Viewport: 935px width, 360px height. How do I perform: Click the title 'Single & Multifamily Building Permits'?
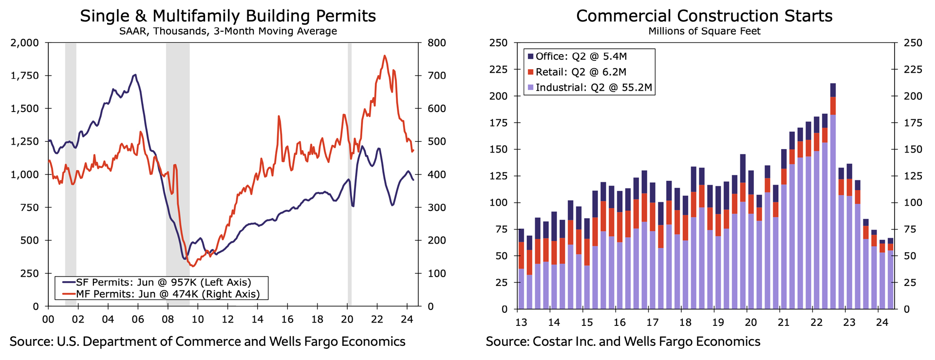click(x=228, y=16)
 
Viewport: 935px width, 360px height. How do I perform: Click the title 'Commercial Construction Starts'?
click(x=704, y=16)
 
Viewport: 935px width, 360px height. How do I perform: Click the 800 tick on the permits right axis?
click(x=436, y=43)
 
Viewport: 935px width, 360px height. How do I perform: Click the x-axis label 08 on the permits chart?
click(x=168, y=320)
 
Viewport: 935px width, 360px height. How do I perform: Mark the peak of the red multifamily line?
click(x=385, y=56)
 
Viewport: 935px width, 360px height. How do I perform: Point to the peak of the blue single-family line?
click(x=135, y=75)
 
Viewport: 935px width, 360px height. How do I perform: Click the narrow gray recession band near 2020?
click(x=349, y=171)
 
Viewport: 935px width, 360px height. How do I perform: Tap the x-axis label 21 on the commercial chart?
click(x=784, y=322)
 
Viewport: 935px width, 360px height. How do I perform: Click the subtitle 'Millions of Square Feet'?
click(x=704, y=31)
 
